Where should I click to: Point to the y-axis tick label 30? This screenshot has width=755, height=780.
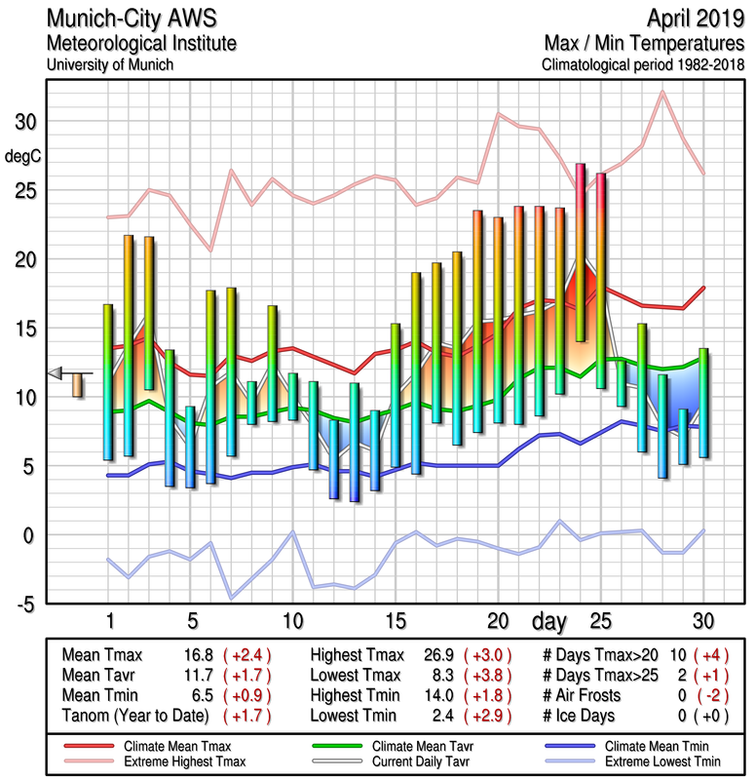click(27, 122)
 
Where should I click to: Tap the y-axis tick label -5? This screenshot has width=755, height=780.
click(25, 604)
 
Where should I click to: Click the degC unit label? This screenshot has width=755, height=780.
click(24, 156)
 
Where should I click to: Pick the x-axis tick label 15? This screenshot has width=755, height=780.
click(395, 620)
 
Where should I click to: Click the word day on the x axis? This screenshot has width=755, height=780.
click(550, 620)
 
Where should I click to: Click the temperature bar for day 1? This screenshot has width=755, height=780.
click(108, 381)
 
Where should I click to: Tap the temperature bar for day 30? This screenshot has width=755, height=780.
click(703, 403)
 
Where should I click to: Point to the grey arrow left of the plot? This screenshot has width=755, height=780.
click(57, 372)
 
